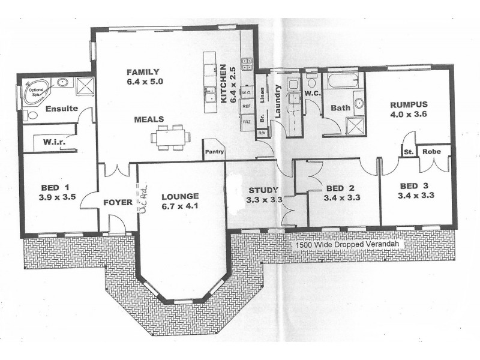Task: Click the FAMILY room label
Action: pos(142,72)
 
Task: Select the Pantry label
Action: pos(214,151)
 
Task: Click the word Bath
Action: pos(340,109)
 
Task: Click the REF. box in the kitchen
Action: pos(246,106)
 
